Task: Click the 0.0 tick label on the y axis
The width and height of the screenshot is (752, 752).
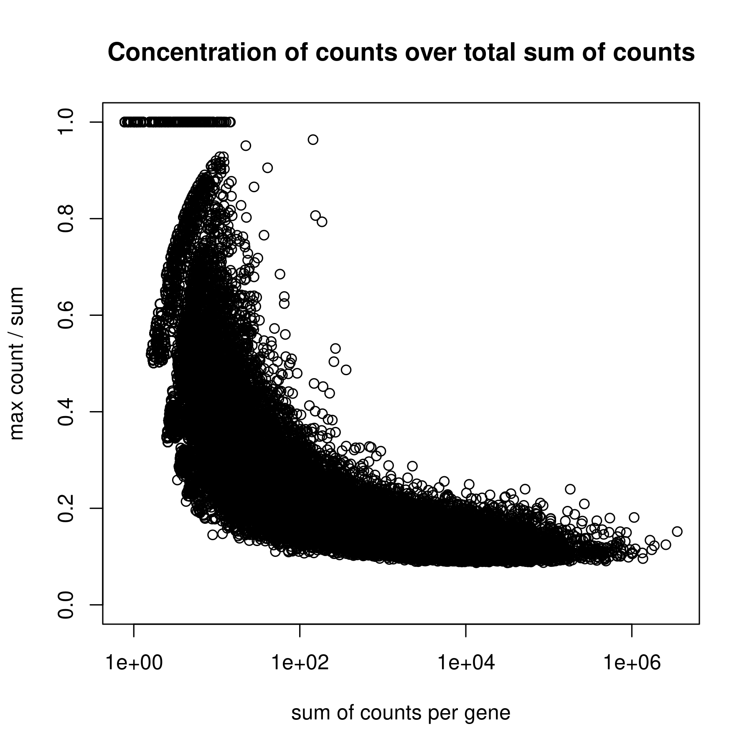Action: coord(66,605)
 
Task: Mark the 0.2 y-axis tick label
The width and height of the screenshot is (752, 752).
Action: coord(66,508)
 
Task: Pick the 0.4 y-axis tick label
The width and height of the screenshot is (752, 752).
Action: coord(66,412)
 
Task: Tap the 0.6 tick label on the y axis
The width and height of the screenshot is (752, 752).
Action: coord(66,315)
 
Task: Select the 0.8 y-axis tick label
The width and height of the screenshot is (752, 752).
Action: coord(66,218)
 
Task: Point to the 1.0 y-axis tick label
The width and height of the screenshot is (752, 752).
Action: coord(66,122)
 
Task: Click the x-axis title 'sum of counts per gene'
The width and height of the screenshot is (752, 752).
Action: coord(401,714)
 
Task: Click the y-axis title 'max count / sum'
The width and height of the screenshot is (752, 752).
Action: coord(18,363)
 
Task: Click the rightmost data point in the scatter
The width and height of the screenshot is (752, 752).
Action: coord(677,531)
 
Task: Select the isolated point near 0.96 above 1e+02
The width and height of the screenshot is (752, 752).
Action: coord(313,140)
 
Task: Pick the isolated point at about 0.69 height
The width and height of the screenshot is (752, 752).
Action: coord(280,274)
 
